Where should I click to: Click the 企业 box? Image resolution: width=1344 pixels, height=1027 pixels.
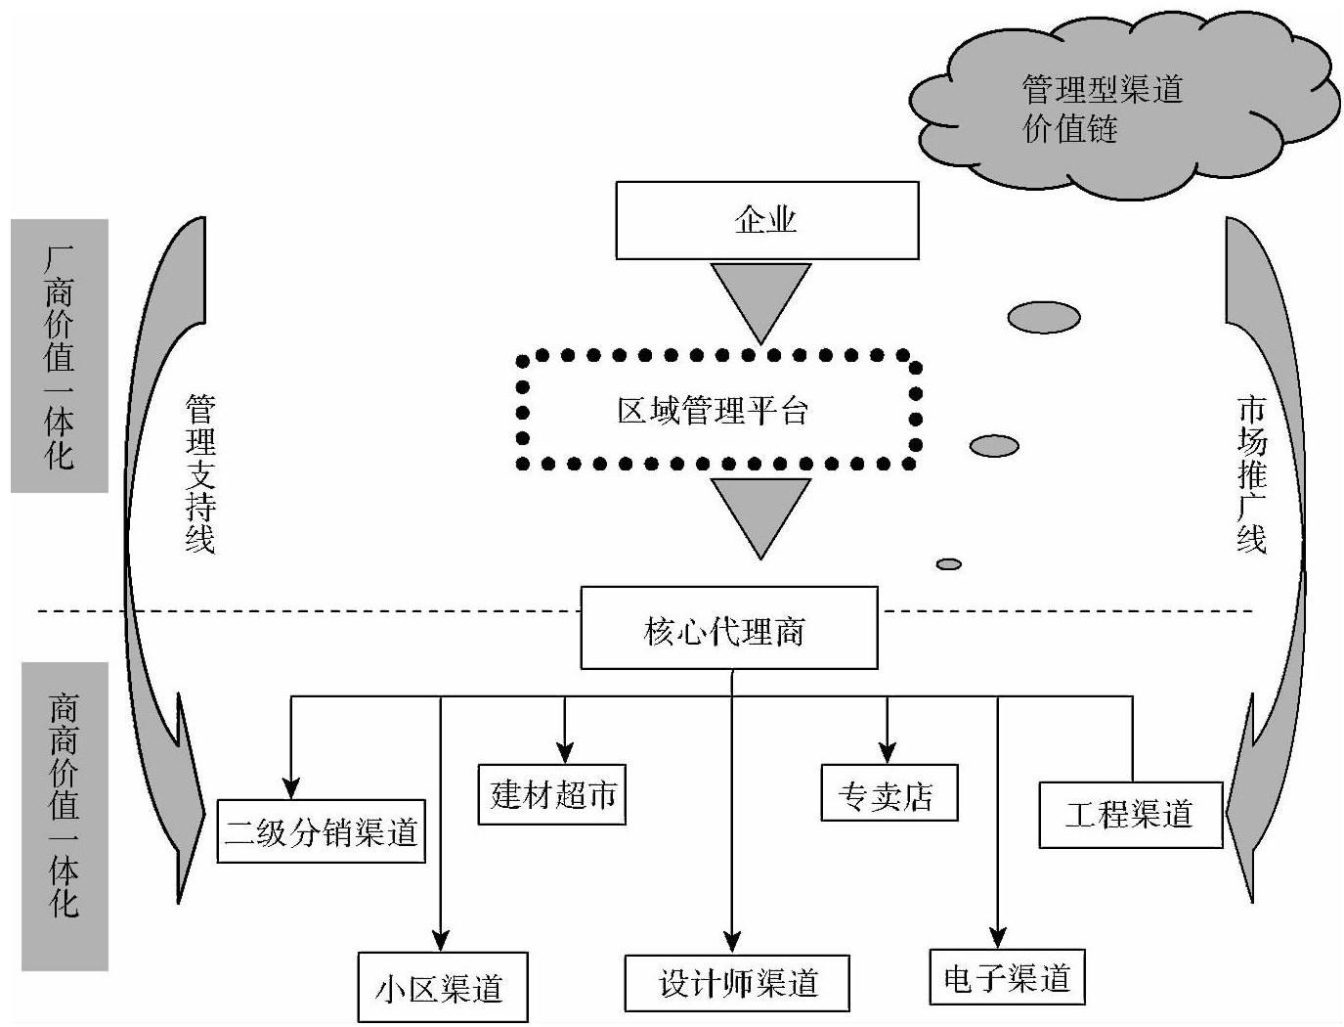click(766, 220)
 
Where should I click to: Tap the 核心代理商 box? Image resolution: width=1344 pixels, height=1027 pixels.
click(728, 628)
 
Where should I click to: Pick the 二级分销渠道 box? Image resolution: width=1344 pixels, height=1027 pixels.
click(321, 831)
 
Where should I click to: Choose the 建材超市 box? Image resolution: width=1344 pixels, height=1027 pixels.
click(551, 794)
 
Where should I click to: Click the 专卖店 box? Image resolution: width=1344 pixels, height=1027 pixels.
click(889, 792)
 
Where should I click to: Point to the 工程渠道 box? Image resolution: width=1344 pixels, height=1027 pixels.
click(1130, 815)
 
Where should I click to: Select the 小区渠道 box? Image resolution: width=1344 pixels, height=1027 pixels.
click(442, 987)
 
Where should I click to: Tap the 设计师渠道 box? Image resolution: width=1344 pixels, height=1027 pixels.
click(737, 983)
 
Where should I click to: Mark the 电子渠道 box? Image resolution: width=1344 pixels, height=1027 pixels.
click(1007, 977)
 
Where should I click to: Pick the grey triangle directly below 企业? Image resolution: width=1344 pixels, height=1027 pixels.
click(760, 294)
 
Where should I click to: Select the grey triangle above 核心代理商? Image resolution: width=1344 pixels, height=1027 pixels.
click(760, 510)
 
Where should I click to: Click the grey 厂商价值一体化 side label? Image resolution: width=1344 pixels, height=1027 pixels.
click(60, 356)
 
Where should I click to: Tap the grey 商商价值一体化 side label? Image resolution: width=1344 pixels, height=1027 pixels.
click(65, 817)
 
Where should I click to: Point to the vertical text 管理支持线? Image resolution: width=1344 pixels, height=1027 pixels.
click(200, 474)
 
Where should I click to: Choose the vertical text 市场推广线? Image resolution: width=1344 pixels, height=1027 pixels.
click(1251, 474)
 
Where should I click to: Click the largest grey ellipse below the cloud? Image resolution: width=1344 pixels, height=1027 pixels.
click(1043, 317)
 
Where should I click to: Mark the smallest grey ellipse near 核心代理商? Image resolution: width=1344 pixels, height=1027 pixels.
click(949, 564)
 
